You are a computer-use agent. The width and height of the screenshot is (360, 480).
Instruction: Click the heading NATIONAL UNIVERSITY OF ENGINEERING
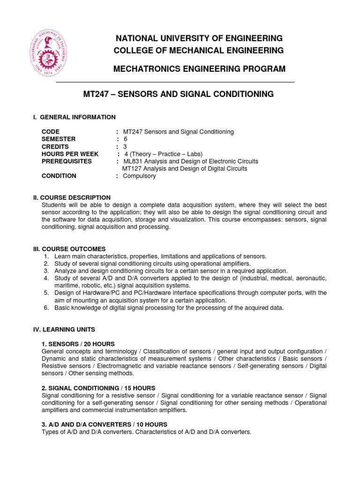pos(199,38)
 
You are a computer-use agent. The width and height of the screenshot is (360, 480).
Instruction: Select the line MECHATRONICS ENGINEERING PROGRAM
pos(199,69)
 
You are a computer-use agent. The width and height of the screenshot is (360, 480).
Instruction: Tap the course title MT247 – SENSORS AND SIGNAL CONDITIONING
pos(178,94)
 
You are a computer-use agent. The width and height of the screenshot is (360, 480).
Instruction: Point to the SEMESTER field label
pos(58,139)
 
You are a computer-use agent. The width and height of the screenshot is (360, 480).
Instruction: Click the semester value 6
pos(125,139)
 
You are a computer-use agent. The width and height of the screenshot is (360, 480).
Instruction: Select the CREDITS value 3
pos(125,147)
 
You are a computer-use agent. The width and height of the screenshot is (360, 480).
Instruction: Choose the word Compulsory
pos(139,176)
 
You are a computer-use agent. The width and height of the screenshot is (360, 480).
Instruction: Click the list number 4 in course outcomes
pos(46,278)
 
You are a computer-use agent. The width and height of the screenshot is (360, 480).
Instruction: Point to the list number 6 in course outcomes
pos(46,307)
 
